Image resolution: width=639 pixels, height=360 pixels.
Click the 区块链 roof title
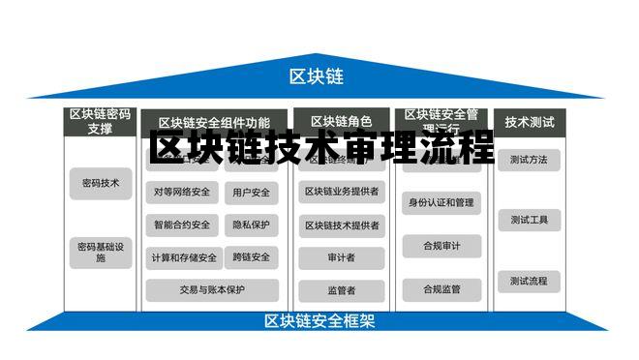click(x=317, y=76)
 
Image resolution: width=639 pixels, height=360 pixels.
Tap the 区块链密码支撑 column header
click(x=100, y=121)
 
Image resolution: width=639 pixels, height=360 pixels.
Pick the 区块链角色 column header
click(x=341, y=122)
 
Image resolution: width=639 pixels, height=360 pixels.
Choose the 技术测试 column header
click(x=530, y=122)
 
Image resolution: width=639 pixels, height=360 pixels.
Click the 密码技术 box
click(x=101, y=183)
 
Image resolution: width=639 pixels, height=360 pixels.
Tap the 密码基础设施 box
click(x=101, y=253)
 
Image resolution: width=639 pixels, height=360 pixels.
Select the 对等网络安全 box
click(x=181, y=193)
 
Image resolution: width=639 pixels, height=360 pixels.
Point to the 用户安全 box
click(x=252, y=193)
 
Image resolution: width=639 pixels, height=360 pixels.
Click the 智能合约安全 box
click(x=181, y=225)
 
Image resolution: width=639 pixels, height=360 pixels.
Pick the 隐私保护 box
click(x=252, y=225)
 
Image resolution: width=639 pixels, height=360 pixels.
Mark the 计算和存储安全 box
click(x=181, y=258)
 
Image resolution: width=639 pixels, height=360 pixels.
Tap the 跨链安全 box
click(x=252, y=258)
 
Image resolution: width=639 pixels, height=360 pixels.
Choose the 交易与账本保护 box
click(x=212, y=289)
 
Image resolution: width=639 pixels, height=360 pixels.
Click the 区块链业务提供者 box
click(x=341, y=192)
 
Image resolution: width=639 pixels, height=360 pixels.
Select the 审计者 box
click(x=341, y=257)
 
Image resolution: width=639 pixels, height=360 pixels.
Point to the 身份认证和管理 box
click(x=441, y=203)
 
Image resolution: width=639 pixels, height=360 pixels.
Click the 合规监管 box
click(x=441, y=288)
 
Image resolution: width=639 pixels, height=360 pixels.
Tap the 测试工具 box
click(x=529, y=221)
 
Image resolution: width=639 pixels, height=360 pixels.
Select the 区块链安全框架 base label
click(x=319, y=321)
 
